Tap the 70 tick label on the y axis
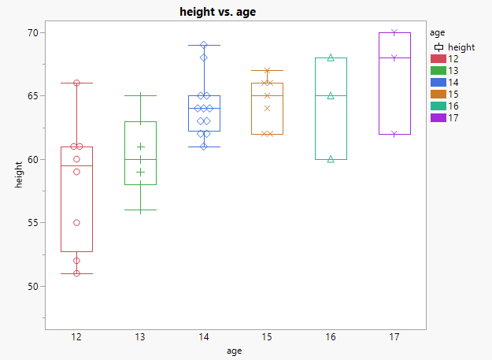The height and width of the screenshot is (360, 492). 33,33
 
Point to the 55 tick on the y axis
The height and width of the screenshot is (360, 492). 33,223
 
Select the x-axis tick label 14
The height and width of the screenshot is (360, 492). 204,337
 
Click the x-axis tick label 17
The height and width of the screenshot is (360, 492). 394,337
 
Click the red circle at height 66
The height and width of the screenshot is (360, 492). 77,83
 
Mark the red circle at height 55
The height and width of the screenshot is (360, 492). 77,223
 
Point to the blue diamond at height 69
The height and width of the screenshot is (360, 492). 204,45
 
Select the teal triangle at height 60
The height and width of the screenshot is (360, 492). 331,159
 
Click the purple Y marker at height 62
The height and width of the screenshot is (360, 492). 394,134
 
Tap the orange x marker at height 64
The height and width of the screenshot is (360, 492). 268,109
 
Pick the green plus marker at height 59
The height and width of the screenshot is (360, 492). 140,172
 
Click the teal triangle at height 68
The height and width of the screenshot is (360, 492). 331,58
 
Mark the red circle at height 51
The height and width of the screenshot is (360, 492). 77,273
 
